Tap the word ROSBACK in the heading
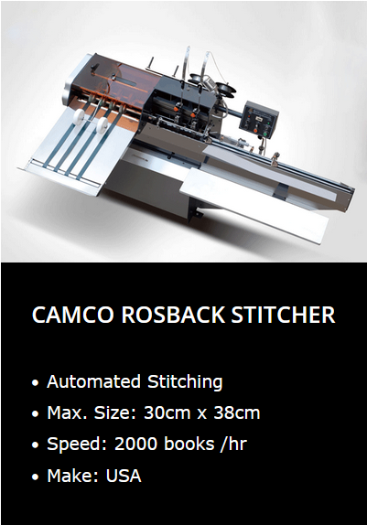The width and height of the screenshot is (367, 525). tap(173, 315)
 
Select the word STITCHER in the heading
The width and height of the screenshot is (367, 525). tap(283, 315)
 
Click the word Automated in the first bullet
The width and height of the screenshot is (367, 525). tap(93, 381)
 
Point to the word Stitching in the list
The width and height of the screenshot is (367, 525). tap(185, 382)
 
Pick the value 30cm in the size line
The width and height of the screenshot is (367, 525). tap(167, 412)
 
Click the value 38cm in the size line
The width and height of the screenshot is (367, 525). tap(237, 412)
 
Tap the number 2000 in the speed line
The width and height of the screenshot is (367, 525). tap(135, 444)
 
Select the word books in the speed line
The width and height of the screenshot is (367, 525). tap(189, 444)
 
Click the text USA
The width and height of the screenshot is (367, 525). tap(124, 476)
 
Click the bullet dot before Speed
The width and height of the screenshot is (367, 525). tap(35, 445)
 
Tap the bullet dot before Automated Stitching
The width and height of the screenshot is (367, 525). tap(35, 382)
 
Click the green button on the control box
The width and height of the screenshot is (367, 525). tap(265, 134)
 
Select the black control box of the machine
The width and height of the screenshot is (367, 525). tap(259, 120)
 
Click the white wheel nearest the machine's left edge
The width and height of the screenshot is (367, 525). tap(79, 117)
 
